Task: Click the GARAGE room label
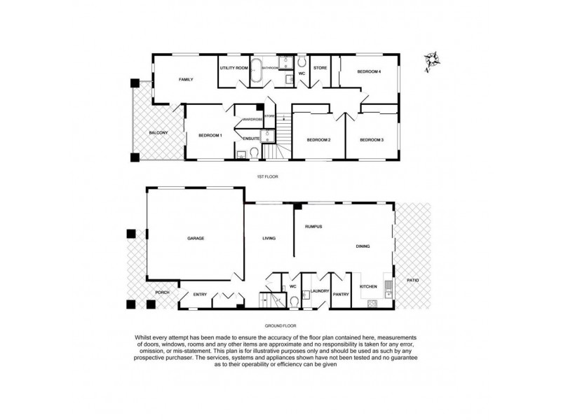(196, 239)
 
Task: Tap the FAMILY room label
(186, 80)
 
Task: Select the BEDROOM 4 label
(368, 71)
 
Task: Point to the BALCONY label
(158, 132)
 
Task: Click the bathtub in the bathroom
(258, 72)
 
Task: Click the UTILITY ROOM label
(234, 68)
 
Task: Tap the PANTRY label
(342, 295)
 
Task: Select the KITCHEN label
(369, 287)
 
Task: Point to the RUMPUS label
(313, 227)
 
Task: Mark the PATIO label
(413, 280)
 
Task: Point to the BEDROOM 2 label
(319, 140)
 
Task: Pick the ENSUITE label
(251, 139)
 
